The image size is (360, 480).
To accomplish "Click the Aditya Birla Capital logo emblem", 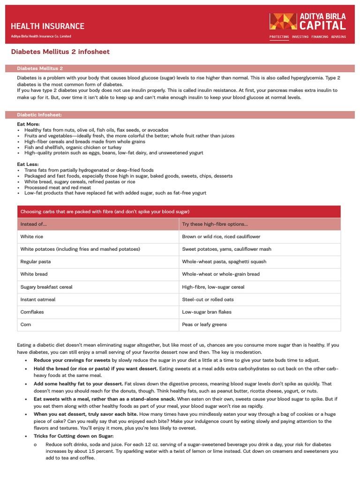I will [x=283, y=22].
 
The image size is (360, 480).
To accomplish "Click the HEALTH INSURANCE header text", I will [x=47, y=26].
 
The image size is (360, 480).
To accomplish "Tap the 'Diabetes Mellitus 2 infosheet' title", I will [x=60, y=52].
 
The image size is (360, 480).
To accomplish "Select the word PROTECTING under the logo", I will [x=279, y=37].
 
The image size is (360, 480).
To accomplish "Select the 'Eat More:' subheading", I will [x=28, y=124].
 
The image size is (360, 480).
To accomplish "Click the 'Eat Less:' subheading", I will [x=28, y=165].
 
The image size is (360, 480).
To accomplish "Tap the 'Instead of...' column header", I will [x=34, y=224].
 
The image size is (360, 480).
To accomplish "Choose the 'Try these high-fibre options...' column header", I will [x=215, y=224].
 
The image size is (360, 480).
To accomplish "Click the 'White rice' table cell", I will [x=31, y=237].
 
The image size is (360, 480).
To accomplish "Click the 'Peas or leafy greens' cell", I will [x=204, y=324].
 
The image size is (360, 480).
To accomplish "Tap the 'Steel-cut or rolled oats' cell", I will [x=208, y=299].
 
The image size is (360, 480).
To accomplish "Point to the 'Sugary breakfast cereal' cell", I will [x=46, y=287].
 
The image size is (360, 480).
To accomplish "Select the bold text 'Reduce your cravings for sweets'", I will [x=72, y=360].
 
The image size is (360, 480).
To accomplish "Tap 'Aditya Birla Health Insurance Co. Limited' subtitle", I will [x=41, y=37].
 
